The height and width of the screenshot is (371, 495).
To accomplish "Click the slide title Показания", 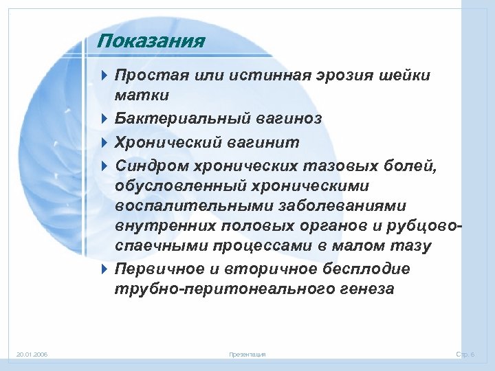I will [x=151, y=41].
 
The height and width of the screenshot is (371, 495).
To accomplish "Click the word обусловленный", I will [x=177, y=186].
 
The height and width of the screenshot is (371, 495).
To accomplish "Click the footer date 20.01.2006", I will [x=32, y=355].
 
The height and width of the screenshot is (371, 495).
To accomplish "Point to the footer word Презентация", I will [x=247, y=355].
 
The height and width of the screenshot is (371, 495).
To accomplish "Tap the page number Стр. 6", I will [x=470, y=355].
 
